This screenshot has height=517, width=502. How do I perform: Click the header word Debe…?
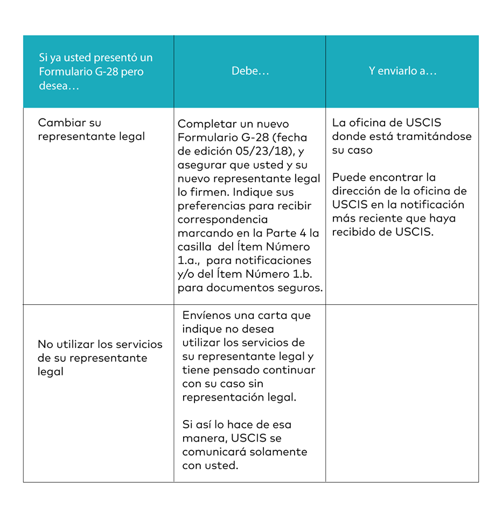[x=250, y=72]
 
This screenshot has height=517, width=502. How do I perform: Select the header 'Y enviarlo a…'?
[x=402, y=72]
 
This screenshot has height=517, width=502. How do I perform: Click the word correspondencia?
[x=222, y=220]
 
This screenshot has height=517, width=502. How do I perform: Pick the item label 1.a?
[x=188, y=261]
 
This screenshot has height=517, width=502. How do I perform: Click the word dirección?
[x=357, y=191]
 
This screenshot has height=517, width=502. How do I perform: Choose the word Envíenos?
[x=208, y=316]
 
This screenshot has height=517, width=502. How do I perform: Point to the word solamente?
[x=280, y=452]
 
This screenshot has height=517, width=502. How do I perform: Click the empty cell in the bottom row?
[x=402, y=393]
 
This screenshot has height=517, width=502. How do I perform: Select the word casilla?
[x=197, y=247]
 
